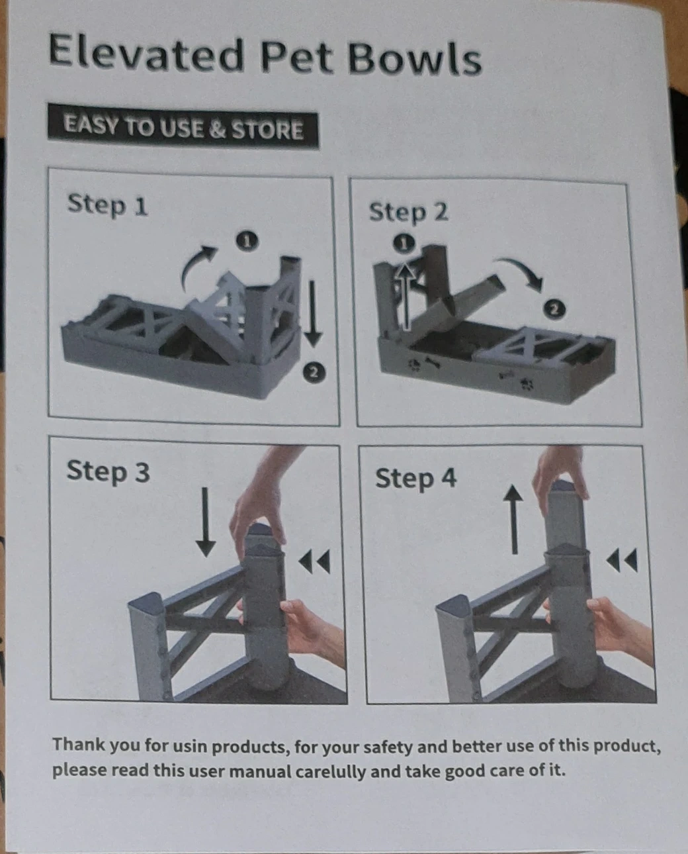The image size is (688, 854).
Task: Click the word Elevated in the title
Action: point(146,54)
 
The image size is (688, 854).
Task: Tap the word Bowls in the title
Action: point(415,59)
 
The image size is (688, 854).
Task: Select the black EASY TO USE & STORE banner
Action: point(183,126)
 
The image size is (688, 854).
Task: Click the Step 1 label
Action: point(107,205)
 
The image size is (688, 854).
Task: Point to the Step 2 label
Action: point(408,213)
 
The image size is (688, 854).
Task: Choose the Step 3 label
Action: point(108,471)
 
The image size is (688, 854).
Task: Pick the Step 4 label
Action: point(415,479)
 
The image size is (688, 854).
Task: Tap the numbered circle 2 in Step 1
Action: point(314,372)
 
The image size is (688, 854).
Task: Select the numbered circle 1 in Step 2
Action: point(404,243)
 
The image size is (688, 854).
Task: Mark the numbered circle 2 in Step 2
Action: point(554,309)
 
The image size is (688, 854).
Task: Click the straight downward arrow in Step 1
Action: point(314,314)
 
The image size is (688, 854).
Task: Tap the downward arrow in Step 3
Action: point(206,522)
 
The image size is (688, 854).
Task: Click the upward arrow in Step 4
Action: point(513,520)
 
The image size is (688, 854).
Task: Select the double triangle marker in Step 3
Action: point(314,561)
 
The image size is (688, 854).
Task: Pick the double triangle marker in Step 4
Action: point(622,560)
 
